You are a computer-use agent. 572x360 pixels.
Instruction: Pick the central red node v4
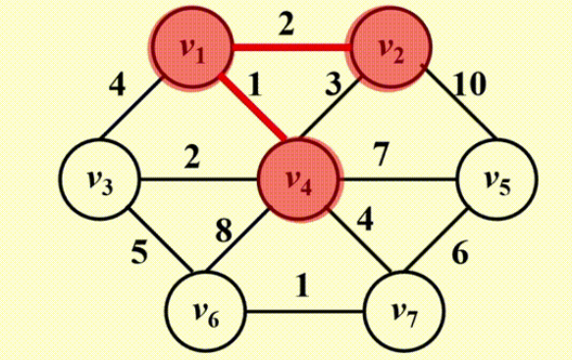(x=298, y=180)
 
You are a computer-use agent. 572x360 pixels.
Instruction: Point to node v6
(x=205, y=313)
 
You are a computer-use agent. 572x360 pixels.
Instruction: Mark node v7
(x=399, y=313)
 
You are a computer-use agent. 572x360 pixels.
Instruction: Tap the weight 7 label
(x=383, y=154)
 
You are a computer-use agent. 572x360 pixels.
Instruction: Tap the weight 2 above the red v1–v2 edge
(x=286, y=24)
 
